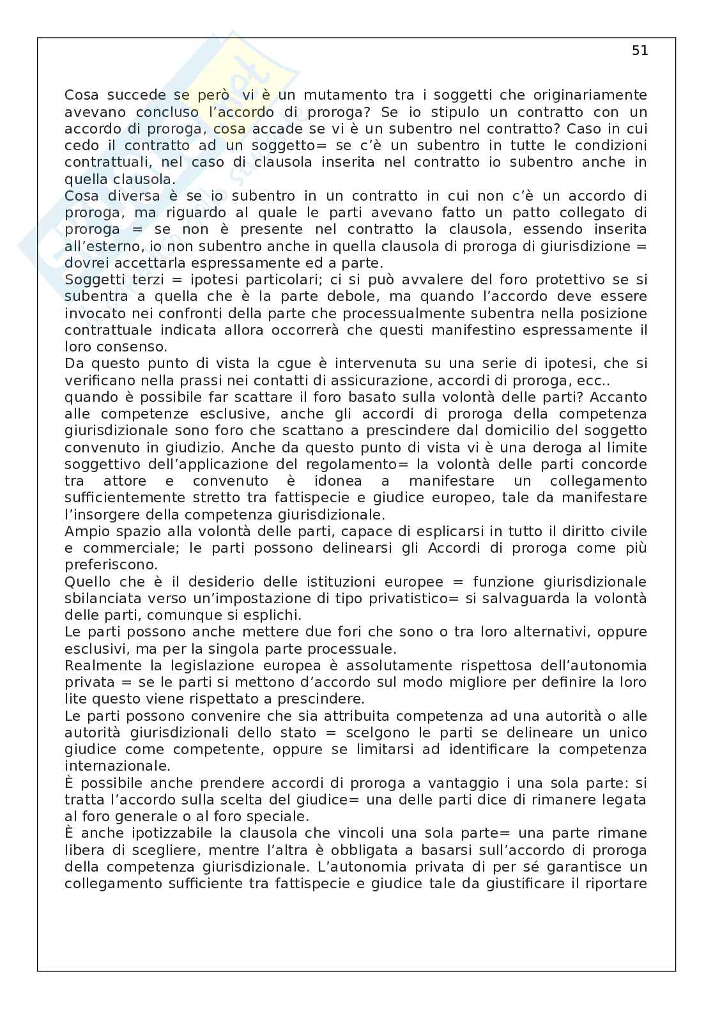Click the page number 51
(640, 51)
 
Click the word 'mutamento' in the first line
(344, 95)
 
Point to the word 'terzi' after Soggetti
(140, 279)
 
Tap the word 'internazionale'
(109, 766)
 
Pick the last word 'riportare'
(617, 884)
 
